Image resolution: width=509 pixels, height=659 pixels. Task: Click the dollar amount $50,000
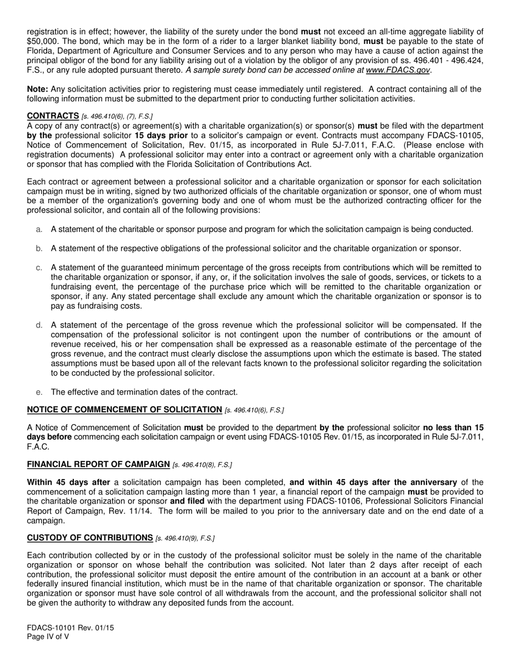pyautogui.click(x=42, y=41)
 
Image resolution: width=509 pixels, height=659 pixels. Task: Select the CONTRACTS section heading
pyautogui.click(x=53, y=116)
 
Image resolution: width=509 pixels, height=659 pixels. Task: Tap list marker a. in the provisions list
pyautogui.click(x=39, y=229)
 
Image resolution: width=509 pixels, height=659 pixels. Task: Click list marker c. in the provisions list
pyautogui.click(x=39, y=267)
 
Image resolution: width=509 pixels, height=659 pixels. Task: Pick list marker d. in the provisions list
pyautogui.click(x=39, y=325)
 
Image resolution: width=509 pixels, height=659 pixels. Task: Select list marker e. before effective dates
pyautogui.click(x=39, y=392)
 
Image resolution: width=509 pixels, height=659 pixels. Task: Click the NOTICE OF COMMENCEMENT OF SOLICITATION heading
pyautogui.click(x=124, y=410)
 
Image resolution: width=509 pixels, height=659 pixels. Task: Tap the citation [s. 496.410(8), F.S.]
pyautogui.click(x=202, y=465)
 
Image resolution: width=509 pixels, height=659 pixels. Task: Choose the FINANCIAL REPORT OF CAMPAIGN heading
pyautogui.click(x=98, y=464)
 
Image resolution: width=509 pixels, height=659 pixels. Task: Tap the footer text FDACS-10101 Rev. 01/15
pyautogui.click(x=70, y=627)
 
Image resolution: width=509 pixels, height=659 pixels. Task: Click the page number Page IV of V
pyautogui.click(x=48, y=637)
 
